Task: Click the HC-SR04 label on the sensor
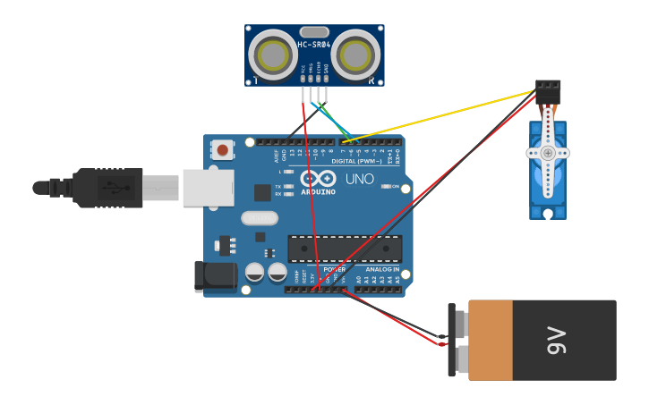click(314, 45)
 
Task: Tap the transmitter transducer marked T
click(272, 55)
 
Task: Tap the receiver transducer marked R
click(355, 55)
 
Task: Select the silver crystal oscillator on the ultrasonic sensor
click(314, 32)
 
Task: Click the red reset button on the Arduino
click(222, 150)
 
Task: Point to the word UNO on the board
click(360, 179)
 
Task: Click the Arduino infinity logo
click(318, 179)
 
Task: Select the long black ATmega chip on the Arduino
click(345, 249)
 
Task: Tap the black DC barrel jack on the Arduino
click(215, 276)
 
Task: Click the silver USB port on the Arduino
click(208, 188)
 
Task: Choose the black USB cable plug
click(107, 188)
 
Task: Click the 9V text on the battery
click(556, 340)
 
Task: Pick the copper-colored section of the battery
click(491, 340)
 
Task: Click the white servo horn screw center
click(548, 153)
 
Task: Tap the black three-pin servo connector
click(548, 90)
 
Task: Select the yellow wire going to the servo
click(448, 114)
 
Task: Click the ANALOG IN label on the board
click(382, 269)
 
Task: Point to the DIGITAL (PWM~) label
click(356, 161)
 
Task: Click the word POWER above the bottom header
click(334, 269)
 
